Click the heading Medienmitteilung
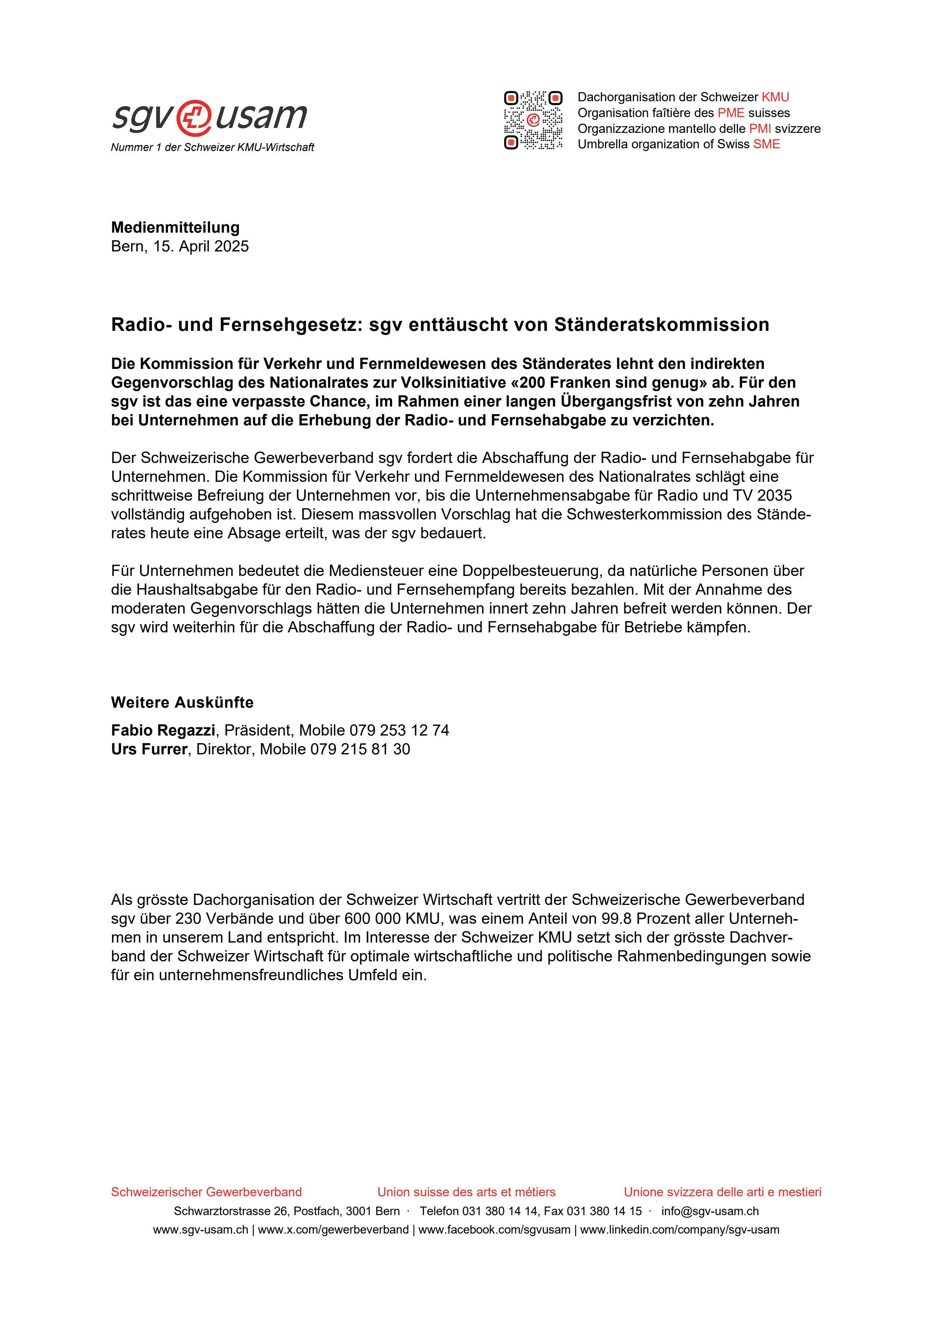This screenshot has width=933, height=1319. click(175, 227)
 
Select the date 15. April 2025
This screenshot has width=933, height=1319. click(201, 247)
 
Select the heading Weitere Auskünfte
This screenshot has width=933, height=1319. click(182, 702)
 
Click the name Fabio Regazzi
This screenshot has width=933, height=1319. click(163, 730)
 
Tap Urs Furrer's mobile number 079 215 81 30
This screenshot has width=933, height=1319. click(360, 749)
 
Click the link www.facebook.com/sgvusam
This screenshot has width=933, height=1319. click(494, 1230)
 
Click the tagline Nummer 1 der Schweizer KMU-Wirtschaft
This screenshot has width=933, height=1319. click(213, 148)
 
